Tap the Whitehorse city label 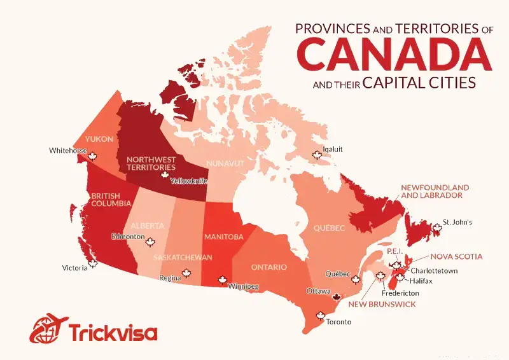click(67, 151)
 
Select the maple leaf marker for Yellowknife click(164, 174)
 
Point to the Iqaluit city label click(333, 149)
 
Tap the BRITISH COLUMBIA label click(110, 200)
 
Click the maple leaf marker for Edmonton click(151, 242)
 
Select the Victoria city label click(75, 268)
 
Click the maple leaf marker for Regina click(186, 273)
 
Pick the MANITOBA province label click(223, 237)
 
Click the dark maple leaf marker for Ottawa click(337, 297)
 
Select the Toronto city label click(338, 322)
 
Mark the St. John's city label click(458, 223)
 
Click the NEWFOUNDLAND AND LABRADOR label click(435, 191)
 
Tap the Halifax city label click(422, 280)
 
